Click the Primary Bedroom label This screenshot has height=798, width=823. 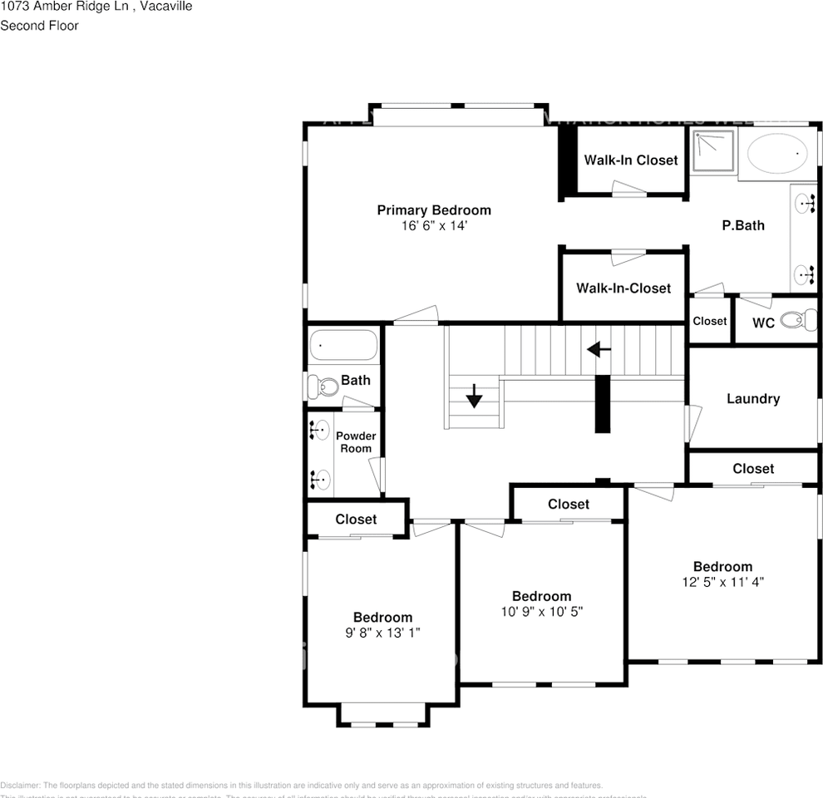[x=434, y=210]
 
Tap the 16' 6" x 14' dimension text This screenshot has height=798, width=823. [x=434, y=225]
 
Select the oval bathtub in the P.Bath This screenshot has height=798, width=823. [x=777, y=154]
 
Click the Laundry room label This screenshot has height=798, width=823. [x=753, y=399]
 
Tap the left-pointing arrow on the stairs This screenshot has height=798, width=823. [x=599, y=350]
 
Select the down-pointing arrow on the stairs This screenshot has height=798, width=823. [x=474, y=396]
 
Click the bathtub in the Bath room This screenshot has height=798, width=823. [x=343, y=346]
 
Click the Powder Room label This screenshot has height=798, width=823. [x=356, y=442]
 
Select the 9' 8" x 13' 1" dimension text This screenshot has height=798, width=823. [x=382, y=633]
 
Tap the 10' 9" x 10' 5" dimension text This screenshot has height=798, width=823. [x=541, y=611]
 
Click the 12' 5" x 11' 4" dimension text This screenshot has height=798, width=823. [x=722, y=582]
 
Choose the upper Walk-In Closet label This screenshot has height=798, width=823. [x=631, y=160]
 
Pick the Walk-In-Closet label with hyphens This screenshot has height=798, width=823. [x=623, y=288]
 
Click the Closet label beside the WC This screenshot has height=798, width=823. [x=710, y=321]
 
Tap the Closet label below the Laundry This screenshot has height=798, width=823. [x=753, y=469]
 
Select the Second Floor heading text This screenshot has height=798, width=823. [x=39, y=26]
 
